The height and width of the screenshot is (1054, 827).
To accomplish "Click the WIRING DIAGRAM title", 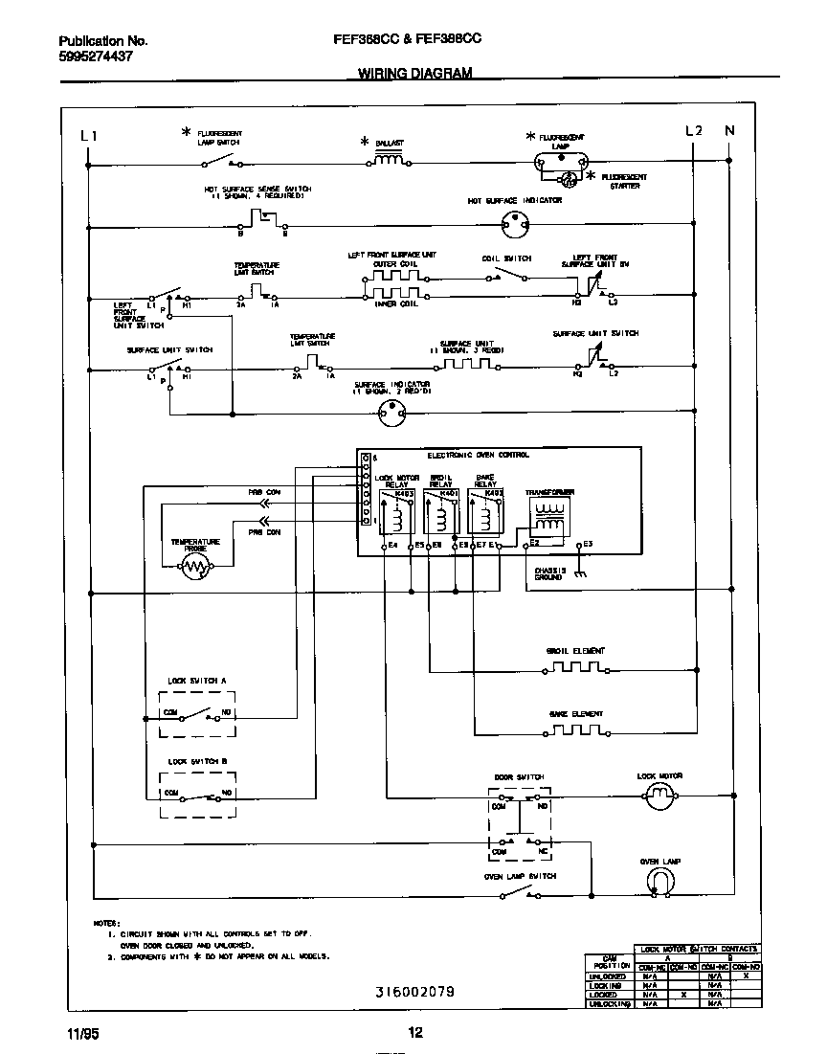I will pyautogui.click(x=414, y=73).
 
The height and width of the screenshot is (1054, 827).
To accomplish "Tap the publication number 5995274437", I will pyautogui.click(x=95, y=56).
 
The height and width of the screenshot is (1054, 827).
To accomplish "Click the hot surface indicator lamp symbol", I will pyautogui.click(x=515, y=227).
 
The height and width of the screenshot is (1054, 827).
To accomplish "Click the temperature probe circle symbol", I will pyautogui.click(x=195, y=567).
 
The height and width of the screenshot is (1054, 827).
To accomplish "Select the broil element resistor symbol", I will pyautogui.click(x=575, y=667).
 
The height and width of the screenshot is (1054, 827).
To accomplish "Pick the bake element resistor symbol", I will pyautogui.click(x=575, y=729).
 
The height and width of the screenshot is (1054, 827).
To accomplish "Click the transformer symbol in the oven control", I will pyautogui.click(x=548, y=517).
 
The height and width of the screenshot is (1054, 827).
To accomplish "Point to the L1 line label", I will pyautogui.click(x=88, y=135).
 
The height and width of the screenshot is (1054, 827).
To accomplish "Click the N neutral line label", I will pyautogui.click(x=729, y=131).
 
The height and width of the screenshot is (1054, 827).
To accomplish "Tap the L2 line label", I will pyautogui.click(x=694, y=131).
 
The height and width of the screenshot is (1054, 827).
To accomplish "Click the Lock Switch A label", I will pyautogui.click(x=196, y=681).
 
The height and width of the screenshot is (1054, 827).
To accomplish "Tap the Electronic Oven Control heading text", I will pyautogui.click(x=478, y=455).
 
